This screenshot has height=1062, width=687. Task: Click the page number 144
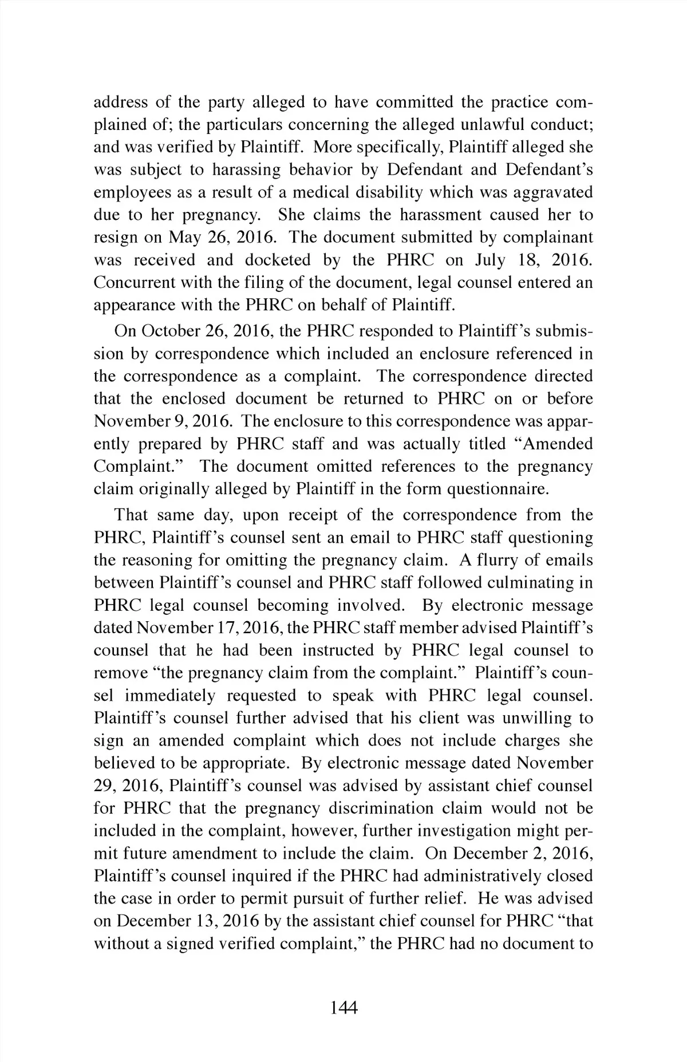[343, 1008]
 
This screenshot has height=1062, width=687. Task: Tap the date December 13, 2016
[189, 921]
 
